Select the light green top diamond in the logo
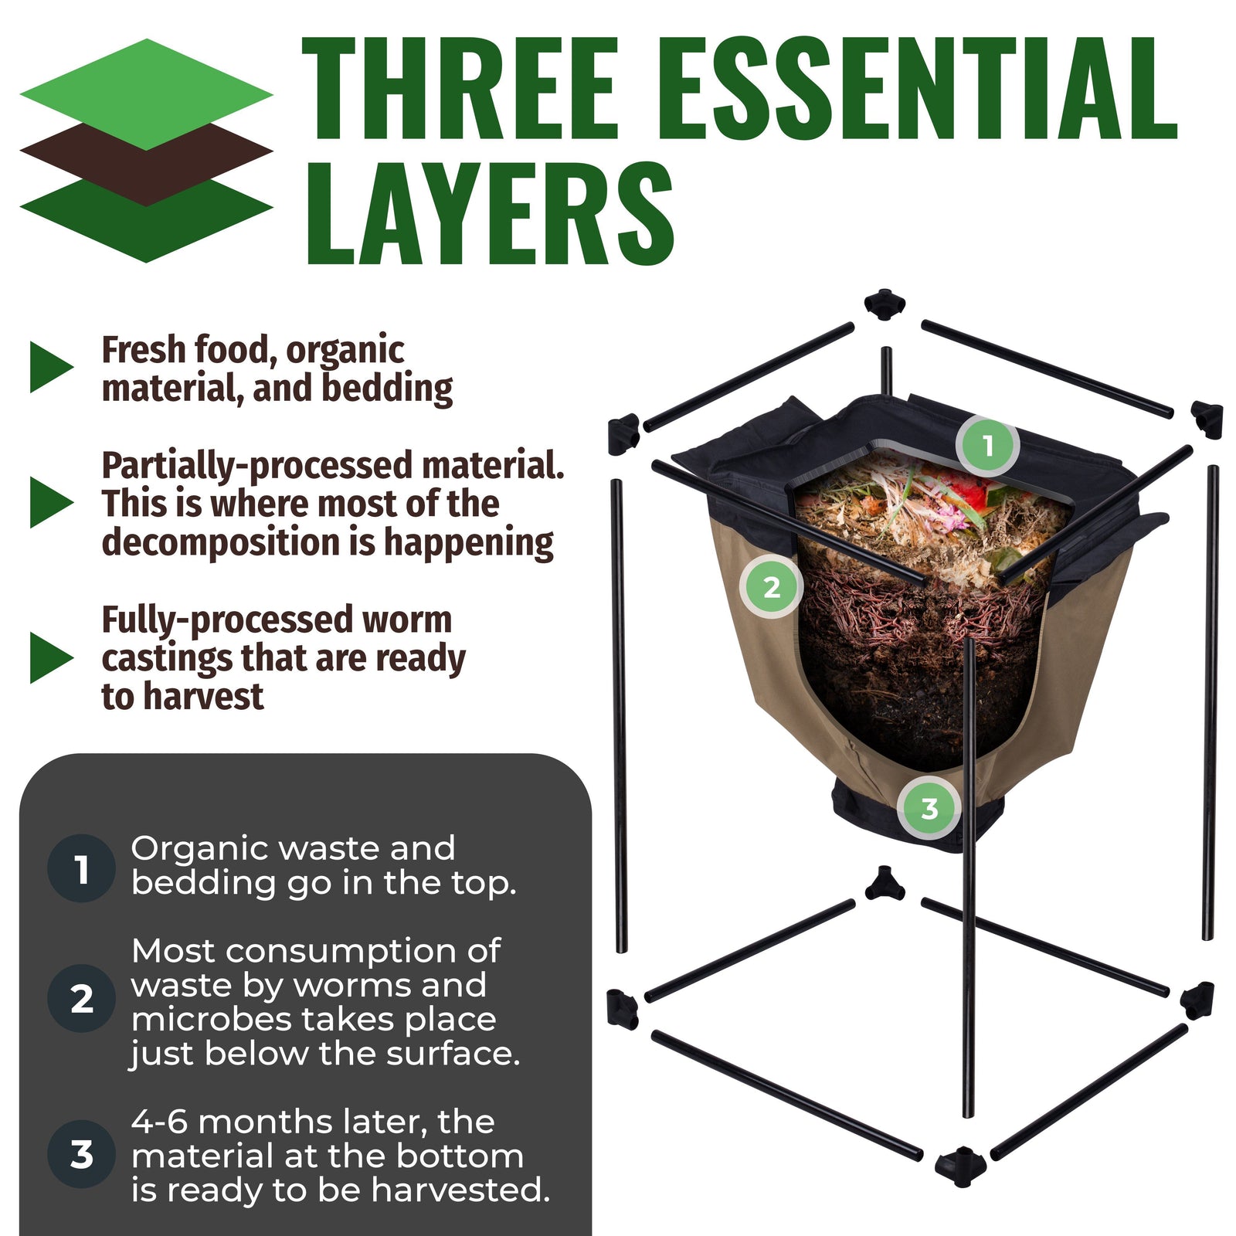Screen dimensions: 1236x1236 click(146, 93)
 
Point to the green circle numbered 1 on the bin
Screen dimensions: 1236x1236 click(987, 446)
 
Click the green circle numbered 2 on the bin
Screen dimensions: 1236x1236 click(771, 587)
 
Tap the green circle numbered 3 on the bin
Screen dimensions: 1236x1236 click(929, 808)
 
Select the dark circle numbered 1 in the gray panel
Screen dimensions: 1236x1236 click(81, 868)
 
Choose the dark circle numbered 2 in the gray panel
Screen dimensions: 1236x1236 click(81, 999)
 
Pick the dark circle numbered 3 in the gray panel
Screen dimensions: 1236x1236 click(81, 1154)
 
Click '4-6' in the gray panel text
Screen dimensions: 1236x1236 click(158, 1122)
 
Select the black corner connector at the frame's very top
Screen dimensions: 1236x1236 click(884, 304)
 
